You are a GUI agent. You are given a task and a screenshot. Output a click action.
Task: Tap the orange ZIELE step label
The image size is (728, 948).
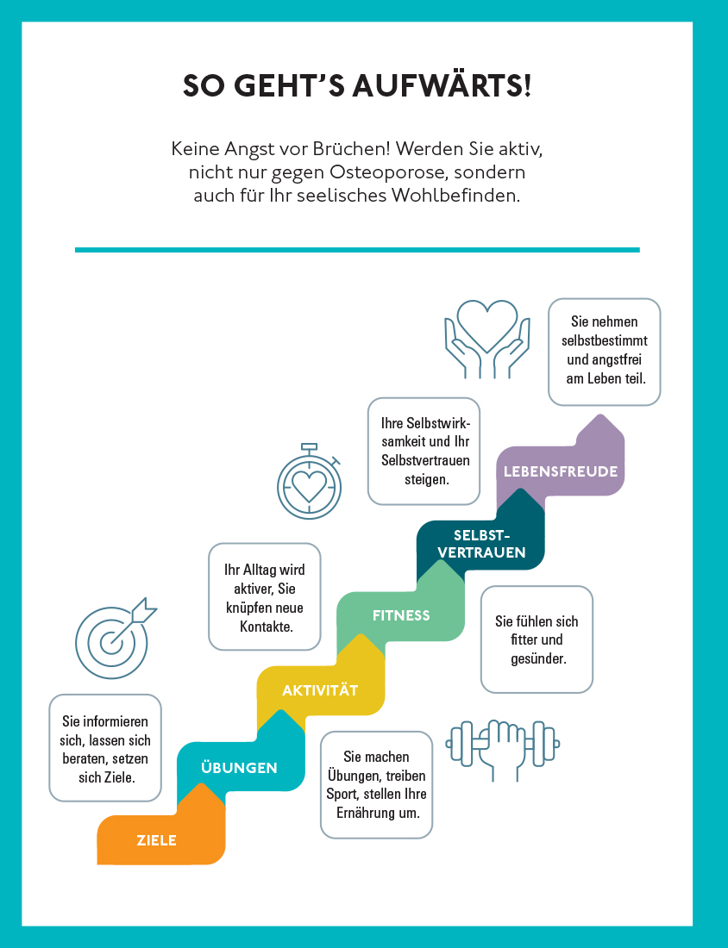coord(157,840)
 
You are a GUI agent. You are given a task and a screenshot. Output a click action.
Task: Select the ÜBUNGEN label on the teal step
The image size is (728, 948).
coord(239,767)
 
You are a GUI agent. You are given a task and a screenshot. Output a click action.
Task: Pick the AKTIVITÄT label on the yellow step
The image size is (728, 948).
coord(320,689)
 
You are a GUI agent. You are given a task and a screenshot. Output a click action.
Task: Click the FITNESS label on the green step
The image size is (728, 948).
coord(401,615)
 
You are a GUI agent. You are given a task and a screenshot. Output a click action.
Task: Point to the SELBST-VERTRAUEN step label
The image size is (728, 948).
coord(481,544)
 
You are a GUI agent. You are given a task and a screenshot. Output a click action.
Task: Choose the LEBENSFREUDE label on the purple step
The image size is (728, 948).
coord(561,471)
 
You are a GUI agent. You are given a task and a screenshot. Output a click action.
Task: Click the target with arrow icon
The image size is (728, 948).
coord(116,638)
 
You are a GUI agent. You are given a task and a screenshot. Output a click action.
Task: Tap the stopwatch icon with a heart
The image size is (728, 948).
coord(310,482)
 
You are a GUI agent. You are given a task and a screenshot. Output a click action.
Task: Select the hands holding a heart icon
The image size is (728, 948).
coord(487,340)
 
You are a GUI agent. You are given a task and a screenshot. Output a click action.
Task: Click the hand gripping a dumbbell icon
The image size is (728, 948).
coord(502,750)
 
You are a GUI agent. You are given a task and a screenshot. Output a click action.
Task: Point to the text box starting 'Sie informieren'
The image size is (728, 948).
coord(105,748)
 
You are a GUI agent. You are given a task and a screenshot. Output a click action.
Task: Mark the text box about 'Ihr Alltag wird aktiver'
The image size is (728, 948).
coord(265,596)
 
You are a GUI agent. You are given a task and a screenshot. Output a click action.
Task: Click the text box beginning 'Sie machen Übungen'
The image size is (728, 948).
coord(376,785)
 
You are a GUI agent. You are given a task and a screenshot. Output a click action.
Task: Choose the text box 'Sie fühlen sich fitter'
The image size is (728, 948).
coord(537,639)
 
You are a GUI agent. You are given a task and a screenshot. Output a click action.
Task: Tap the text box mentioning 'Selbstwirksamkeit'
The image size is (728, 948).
coord(424,451)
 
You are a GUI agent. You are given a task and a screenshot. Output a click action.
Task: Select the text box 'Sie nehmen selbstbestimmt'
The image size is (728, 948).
coord(605,352)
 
